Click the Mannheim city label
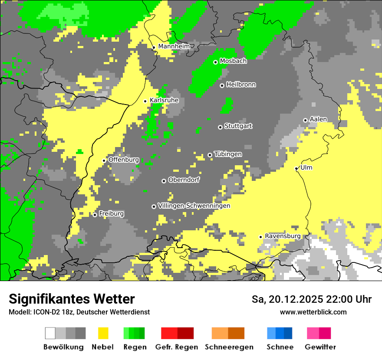[x=174, y=46]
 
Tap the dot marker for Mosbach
[x=215, y=62]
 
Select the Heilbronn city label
[x=241, y=85]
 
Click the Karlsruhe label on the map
[x=164, y=100]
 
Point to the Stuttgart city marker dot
[x=220, y=127]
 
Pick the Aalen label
[x=318, y=119]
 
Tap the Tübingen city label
[x=228, y=154]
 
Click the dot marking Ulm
[x=296, y=168]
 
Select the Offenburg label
[x=124, y=160]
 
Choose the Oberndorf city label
[x=184, y=180]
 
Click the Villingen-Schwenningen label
[x=194, y=206]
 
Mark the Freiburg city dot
[x=95, y=215]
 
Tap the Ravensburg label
[x=283, y=236]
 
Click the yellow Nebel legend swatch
[x=103, y=333]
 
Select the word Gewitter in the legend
[x=320, y=347]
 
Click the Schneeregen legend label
[x=229, y=347]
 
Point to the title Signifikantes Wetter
[x=72, y=299]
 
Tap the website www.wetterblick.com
[x=313, y=312]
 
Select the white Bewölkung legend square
[x=50, y=333]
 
